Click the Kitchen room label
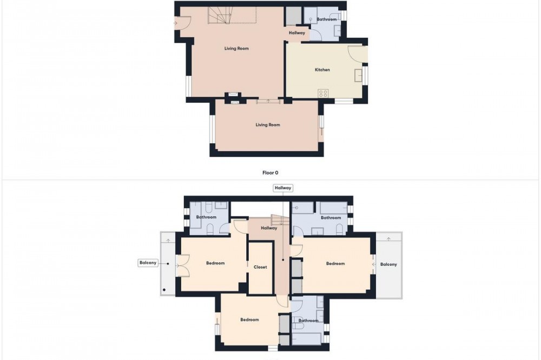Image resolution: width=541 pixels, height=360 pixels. [322, 70]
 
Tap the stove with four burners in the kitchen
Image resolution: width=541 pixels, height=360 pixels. [324, 94]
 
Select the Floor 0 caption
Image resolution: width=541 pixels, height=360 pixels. [270, 173]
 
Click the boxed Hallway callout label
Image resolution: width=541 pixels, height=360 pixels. [282, 188]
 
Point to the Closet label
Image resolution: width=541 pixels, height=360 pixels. [260, 267]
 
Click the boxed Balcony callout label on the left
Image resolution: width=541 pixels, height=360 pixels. [148, 263]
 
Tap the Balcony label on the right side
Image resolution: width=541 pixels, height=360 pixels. [388, 264]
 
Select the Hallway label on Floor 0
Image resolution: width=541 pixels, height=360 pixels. [296, 33]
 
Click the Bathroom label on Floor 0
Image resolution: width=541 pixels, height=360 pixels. [326, 19]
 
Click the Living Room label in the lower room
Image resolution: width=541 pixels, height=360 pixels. [268, 125]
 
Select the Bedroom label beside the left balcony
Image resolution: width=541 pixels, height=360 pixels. [215, 263]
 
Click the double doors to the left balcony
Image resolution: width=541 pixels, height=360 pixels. [182, 265]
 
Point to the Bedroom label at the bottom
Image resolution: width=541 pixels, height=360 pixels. [249, 319]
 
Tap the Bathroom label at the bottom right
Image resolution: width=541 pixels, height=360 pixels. [308, 321]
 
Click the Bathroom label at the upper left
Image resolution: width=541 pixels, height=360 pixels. [206, 217]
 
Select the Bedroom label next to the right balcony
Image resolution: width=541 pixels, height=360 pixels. [335, 263]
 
